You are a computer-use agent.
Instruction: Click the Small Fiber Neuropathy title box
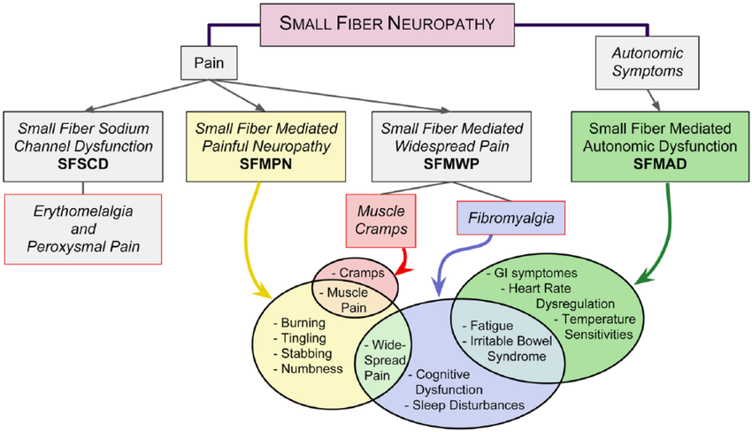tap(375, 24)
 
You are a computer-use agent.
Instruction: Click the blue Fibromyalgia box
tap(510, 216)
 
